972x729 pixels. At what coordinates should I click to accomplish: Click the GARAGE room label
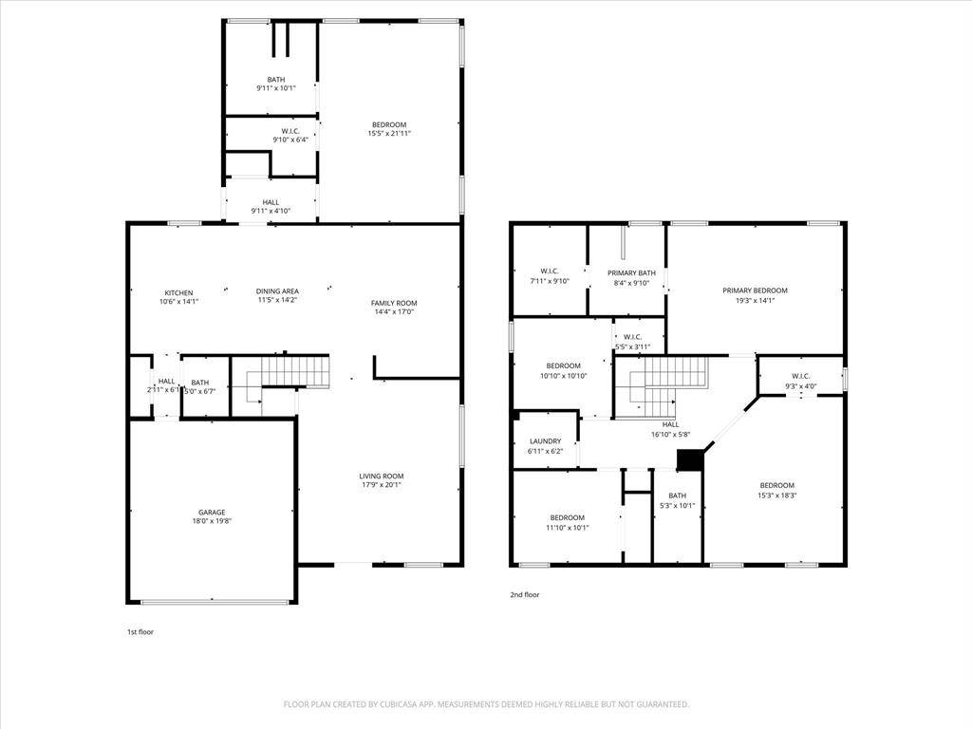(212, 513)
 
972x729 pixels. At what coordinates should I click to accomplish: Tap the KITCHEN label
(178, 292)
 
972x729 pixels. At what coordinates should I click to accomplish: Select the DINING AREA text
(277, 291)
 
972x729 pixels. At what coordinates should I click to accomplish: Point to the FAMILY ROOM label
(393, 303)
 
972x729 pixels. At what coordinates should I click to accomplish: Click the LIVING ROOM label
(381, 476)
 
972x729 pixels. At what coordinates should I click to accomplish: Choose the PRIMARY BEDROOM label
(755, 290)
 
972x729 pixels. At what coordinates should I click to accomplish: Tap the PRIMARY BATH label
(631, 272)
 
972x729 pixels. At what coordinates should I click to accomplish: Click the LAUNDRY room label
(545, 441)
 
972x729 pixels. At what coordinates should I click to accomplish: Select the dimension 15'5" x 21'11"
(389, 134)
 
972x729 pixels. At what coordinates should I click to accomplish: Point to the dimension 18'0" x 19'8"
(212, 521)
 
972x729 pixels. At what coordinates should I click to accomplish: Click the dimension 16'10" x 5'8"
(670, 435)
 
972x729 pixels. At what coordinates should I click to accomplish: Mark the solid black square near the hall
(690, 459)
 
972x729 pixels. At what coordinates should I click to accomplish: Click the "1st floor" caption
(140, 631)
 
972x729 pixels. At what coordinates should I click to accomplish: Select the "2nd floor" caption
(524, 594)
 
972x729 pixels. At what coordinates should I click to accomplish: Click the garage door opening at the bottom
(215, 601)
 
